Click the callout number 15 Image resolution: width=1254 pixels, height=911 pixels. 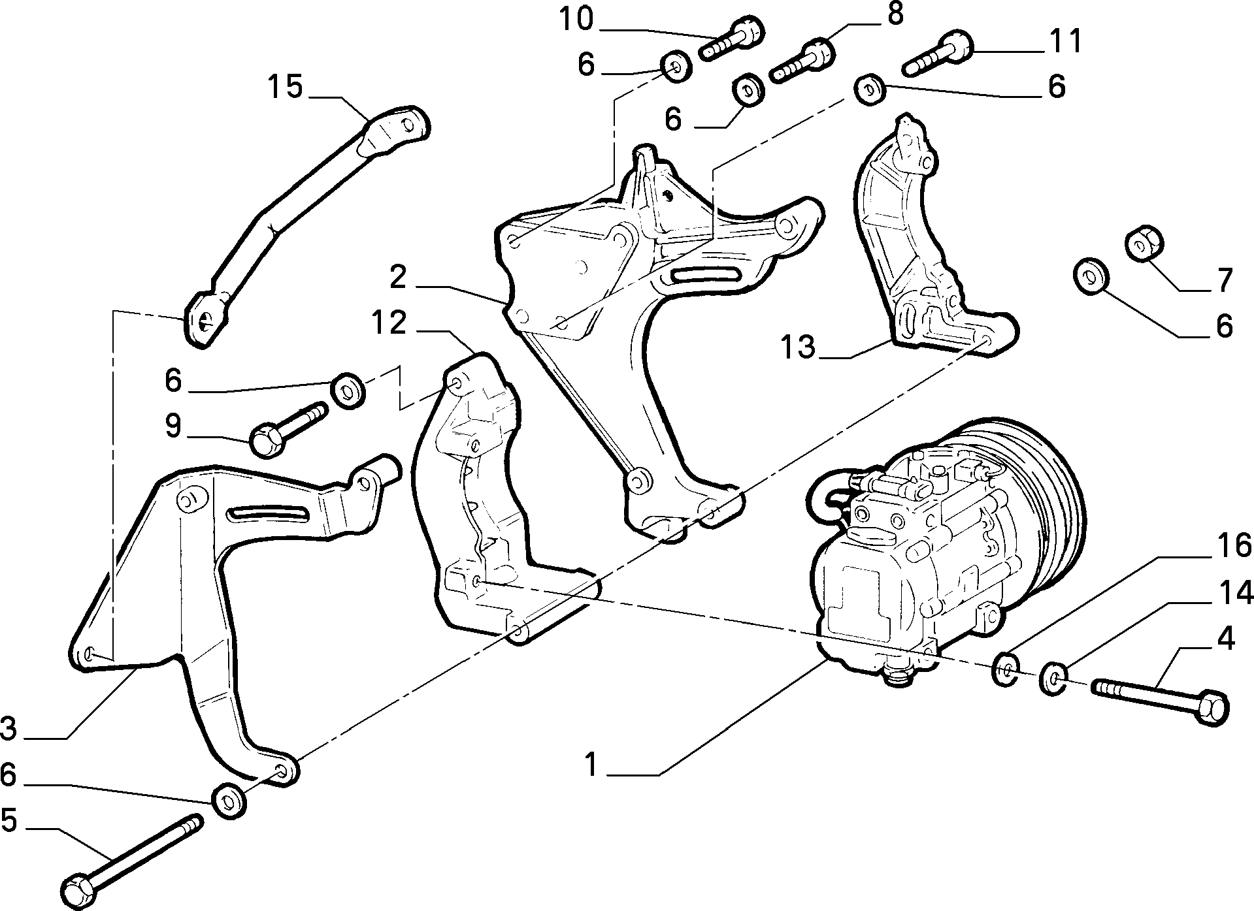point(286,87)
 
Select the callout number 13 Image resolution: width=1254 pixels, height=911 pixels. point(798,346)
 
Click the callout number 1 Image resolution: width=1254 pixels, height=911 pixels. point(591,765)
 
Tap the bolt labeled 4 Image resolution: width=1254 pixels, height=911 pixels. point(1161,702)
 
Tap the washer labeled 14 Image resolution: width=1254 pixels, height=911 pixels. point(1053,679)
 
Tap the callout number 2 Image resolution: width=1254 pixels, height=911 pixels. point(398,278)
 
